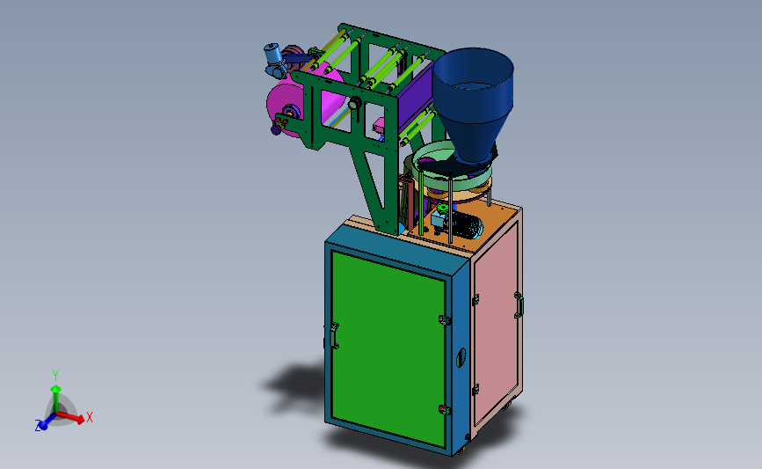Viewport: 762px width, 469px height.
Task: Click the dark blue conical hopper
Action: (472, 102)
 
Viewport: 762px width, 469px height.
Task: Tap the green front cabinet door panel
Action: (388, 348)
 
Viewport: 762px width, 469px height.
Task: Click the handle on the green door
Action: (334, 336)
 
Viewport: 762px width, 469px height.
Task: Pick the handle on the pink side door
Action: (519, 305)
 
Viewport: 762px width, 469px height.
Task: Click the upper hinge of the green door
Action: (444, 320)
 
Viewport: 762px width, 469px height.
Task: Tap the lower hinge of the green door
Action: (444, 410)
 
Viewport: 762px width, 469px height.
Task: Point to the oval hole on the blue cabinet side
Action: (461, 357)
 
